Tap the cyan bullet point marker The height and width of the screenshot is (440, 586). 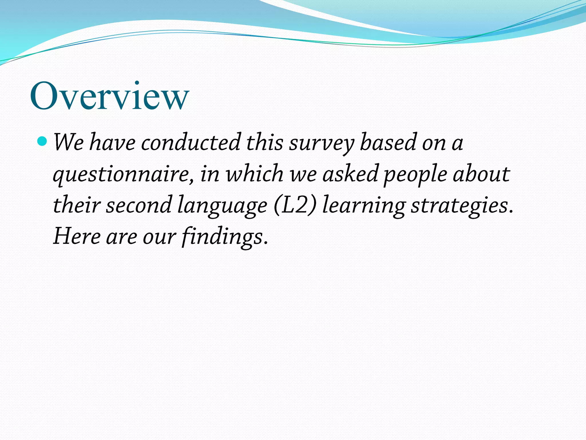[x=42, y=141]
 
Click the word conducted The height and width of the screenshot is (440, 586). [x=191, y=142]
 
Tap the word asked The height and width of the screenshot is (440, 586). [x=351, y=174]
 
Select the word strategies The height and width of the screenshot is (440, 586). [x=462, y=206]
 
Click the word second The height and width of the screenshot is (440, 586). [x=139, y=205]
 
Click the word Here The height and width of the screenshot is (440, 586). [x=77, y=237]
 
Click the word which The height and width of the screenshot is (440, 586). [x=255, y=174]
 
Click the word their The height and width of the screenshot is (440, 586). [x=77, y=205]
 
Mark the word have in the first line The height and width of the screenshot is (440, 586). [x=112, y=142]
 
